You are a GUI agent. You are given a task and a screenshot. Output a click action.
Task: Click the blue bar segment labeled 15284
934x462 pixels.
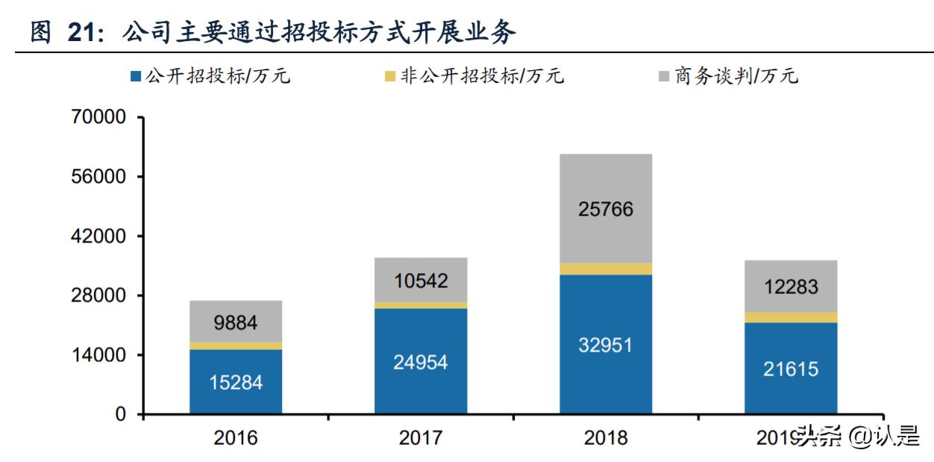click(236, 381)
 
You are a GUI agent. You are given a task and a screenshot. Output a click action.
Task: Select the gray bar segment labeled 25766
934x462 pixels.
click(606, 209)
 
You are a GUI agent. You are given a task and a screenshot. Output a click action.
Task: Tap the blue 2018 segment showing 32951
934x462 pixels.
click(606, 344)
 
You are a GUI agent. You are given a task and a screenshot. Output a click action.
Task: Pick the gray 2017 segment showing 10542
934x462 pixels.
click(421, 280)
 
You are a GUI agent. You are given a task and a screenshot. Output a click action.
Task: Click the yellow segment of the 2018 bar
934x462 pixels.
click(606, 269)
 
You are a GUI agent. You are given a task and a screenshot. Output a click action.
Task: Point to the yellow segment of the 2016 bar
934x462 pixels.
click(236, 346)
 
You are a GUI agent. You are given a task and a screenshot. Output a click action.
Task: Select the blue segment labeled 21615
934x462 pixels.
click(791, 368)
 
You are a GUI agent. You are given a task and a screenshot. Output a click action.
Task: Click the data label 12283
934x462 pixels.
click(791, 287)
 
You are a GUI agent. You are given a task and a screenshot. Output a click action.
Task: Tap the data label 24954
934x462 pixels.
click(421, 362)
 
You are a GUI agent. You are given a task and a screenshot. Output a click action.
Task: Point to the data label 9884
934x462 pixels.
click(236, 322)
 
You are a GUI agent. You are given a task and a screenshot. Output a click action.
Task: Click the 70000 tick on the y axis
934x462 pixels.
click(99, 118)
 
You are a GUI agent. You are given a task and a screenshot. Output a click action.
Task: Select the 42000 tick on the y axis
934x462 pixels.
click(99, 237)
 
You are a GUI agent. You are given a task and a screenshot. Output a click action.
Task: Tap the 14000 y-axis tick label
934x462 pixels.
click(99, 355)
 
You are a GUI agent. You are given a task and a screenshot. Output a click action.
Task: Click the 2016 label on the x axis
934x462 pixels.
click(236, 437)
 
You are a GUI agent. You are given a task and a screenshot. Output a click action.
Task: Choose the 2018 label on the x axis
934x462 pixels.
click(606, 437)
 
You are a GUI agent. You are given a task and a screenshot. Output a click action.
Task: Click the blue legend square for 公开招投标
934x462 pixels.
click(136, 76)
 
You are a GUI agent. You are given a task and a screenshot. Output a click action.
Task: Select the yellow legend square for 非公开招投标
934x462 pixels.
click(389, 76)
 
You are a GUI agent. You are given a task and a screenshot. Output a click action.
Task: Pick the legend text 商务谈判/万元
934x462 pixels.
click(736, 76)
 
